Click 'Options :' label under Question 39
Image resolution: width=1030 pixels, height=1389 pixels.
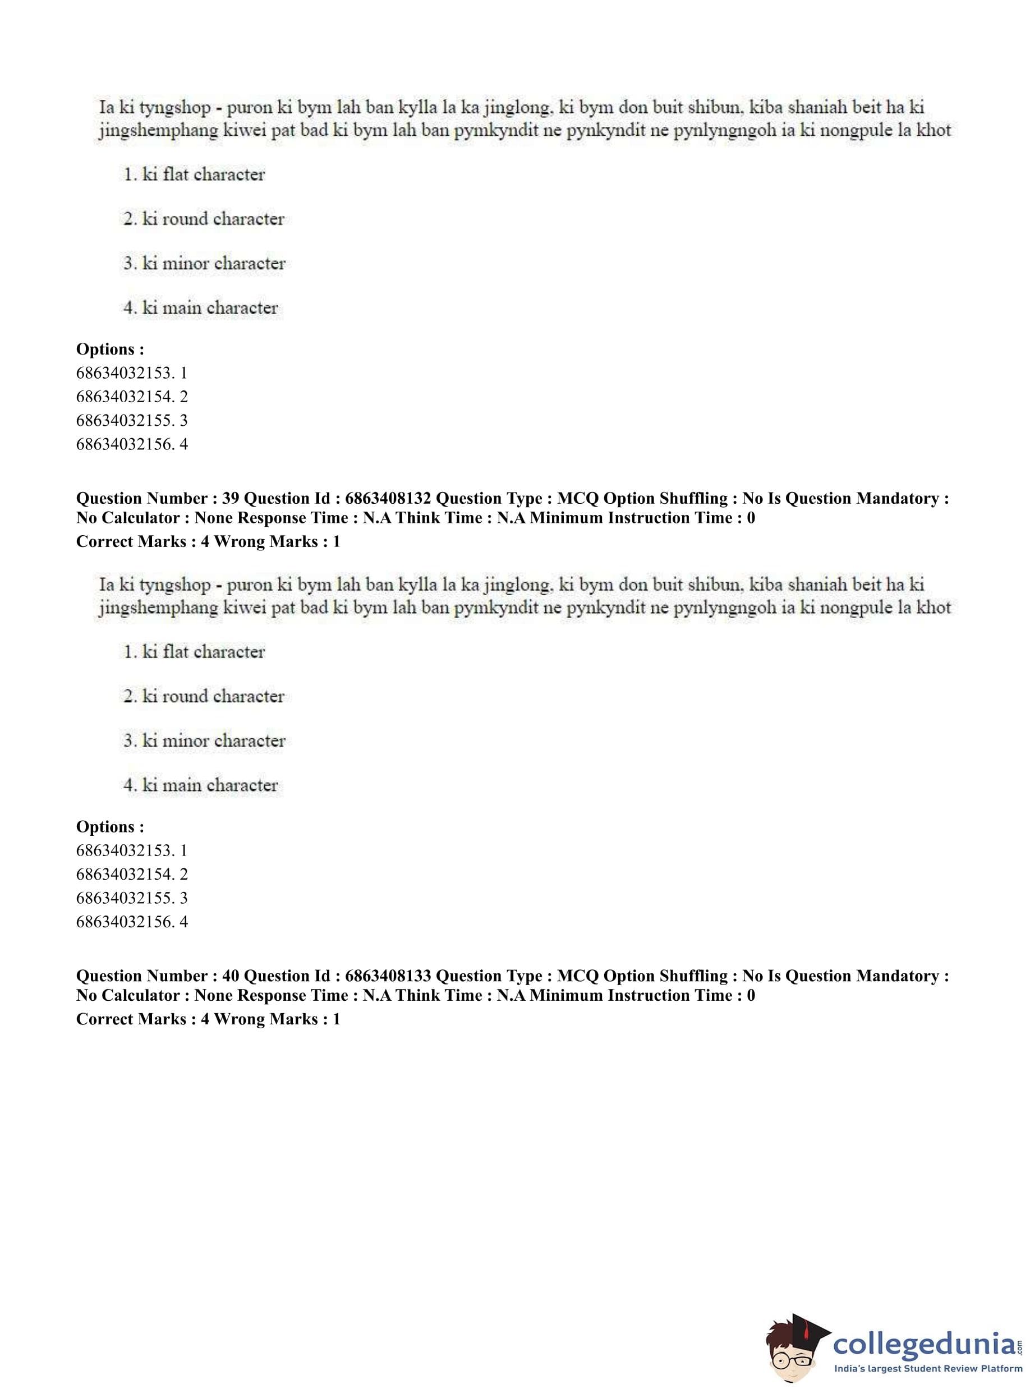point(110,827)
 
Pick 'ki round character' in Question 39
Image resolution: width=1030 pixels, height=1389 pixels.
point(213,696)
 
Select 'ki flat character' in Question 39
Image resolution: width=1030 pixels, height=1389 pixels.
point(203,652)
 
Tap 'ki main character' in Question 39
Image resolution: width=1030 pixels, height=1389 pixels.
point(209,785)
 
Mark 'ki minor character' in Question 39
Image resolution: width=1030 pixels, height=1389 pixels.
point(213,741)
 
